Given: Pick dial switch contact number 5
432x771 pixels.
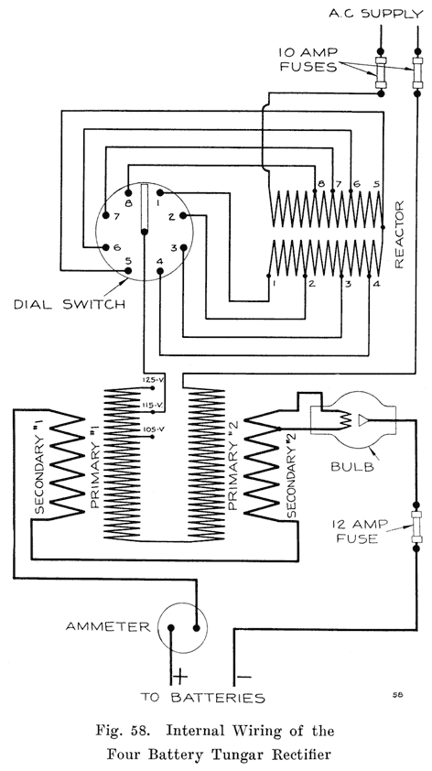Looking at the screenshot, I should coord(129,261).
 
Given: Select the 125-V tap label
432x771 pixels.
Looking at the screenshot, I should coord(152,378).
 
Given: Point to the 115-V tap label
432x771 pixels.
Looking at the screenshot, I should coord(152,404).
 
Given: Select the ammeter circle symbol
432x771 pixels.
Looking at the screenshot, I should coord(182,628).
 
